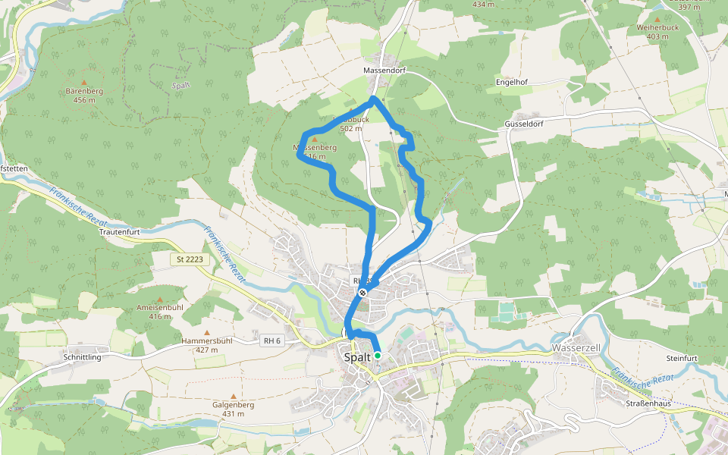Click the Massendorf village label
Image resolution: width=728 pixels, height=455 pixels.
click(382, 70)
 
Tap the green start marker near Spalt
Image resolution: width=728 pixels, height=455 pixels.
click(377, 355)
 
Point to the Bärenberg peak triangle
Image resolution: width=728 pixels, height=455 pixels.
click(84, 82)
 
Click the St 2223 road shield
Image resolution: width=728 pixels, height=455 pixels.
click(189, 259)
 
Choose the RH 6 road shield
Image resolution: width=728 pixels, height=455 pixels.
click(272, 341)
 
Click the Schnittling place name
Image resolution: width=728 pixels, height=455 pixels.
click(83, 356)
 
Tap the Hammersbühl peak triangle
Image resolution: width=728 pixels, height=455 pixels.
click(206, 332)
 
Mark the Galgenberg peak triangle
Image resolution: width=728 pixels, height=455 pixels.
click(234, 396)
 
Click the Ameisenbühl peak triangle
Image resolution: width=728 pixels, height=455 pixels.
click(160, 299)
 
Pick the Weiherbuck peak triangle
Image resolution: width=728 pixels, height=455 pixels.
click(657, 19)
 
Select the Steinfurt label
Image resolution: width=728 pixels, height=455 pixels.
click(681, 357)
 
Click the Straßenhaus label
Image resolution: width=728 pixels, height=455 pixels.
click(648, 403)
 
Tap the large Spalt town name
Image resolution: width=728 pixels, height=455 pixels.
click(357, 357)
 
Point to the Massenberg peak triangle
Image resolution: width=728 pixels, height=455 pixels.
click(315, 139)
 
